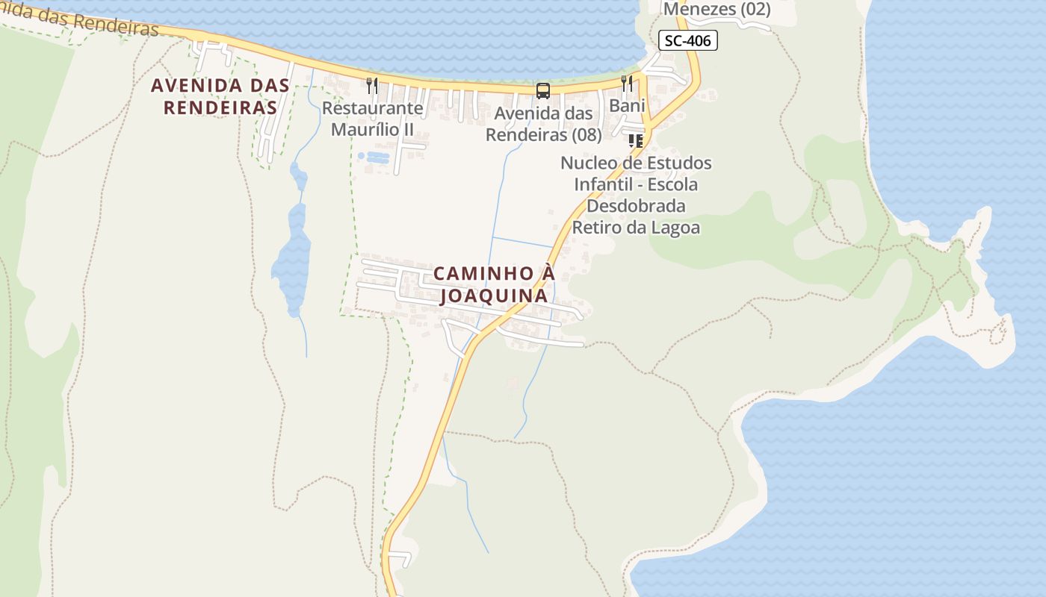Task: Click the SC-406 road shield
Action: [x=687, y=41]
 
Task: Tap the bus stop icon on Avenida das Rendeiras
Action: [x=543, y=91]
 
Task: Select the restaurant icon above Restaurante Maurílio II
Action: [x=372, y=86]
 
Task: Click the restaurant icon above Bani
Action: [x=627, y=83]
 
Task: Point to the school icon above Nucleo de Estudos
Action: [x=636, y=140]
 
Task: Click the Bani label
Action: [x=627, y=106]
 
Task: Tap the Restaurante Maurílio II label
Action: [x=372, y=119]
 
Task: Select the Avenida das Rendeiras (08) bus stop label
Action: [x=543, y=124]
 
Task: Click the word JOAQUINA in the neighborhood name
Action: [x=493, y=296]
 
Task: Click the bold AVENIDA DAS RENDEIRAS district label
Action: [x=220, y=96]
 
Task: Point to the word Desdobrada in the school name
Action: [x=636, y=205]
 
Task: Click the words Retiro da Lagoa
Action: [x=636, y=227]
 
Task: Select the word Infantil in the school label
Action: [x=604, y=184]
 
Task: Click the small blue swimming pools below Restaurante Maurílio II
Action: [x=374, y=157]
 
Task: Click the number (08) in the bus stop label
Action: [x=586, y=135]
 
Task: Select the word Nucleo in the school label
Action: [x=588, y=163]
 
